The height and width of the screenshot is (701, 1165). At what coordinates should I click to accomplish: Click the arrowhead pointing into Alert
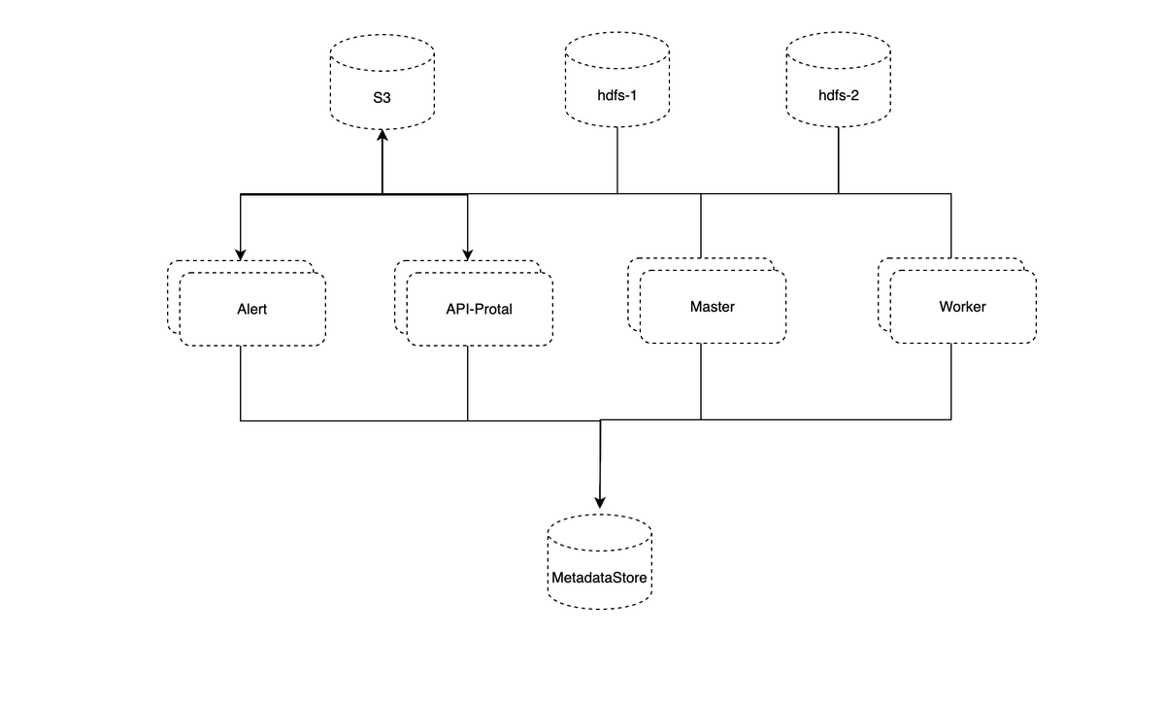pyautogui.click(x=240, y=254)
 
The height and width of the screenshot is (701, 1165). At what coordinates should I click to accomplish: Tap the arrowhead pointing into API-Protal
pyautogui.click(x=468, y=254)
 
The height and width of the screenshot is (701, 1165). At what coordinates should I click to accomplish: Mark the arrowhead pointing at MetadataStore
pyautogui.click(x=600, y=503)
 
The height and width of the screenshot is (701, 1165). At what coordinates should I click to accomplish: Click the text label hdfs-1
pyautogui.click(x=617, y=95)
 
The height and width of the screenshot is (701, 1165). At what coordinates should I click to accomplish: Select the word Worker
pyautogui.click(x=962, y=306)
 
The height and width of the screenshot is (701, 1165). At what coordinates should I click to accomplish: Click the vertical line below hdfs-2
pyautogui.click(x=839, y=160)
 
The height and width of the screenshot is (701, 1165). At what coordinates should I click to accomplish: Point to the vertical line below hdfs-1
pyautogui.click(x=617, y=160)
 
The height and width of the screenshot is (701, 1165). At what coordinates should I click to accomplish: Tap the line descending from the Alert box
pyautogui.click(x=240, y=384)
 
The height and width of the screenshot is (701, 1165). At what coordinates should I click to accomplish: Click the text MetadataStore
pyautogui.click(x=599, y=578)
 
